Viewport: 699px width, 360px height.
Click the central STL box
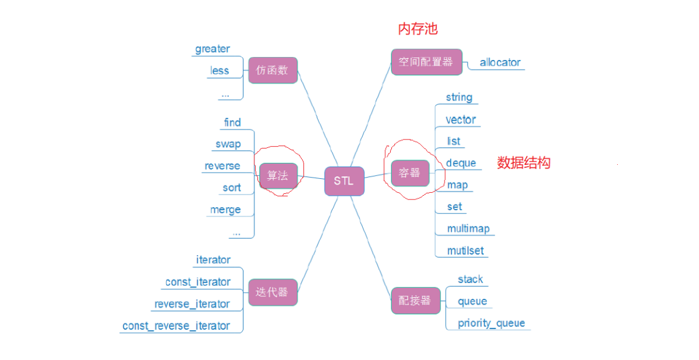tap(344, 181)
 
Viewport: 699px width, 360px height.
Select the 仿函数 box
tap(273, 70)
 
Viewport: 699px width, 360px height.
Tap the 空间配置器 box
tap(426, 62)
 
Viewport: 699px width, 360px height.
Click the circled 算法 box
tap(278, 176)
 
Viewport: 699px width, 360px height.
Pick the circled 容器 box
tap(409, 173)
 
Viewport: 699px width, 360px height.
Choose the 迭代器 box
tap(273, 293)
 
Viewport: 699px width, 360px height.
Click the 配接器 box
tap(415, 301)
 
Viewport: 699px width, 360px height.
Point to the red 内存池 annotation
tap(417, 28)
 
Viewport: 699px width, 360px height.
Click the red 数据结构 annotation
tap(523, 162)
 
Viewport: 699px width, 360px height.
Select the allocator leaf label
tap(500, 62)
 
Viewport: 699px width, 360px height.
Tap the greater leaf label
tap(213, 48)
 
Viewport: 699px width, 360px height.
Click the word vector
tap(460, 119)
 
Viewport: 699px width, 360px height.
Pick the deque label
tap(461, 163)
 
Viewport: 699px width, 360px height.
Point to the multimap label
tap(468, 228)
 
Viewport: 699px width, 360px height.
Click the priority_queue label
tap(491, 323)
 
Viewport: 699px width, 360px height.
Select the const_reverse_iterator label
tap(176, 326)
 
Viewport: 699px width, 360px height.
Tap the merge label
tap(225, 210)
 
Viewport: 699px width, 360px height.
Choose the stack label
tap(470, 279)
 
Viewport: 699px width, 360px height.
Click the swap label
tap(228, 144)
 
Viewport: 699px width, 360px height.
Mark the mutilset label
tap(465, 250)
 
